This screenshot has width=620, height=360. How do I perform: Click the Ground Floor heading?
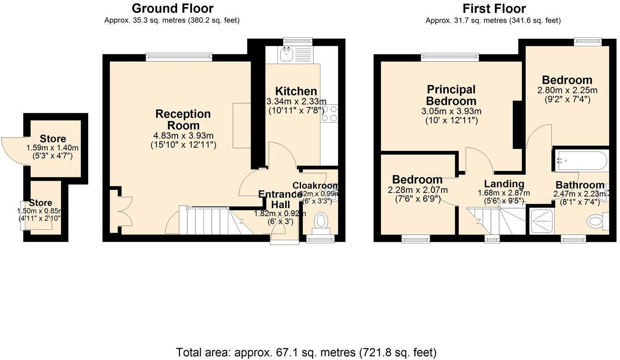(x=173, y=8)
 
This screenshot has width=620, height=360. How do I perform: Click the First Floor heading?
(x=494, y=8)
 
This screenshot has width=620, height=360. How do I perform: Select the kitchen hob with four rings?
(x=329, y=113)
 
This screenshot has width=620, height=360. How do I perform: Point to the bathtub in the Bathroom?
(x=580, y=161)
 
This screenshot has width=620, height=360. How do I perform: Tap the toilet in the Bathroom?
(x=596, y=221)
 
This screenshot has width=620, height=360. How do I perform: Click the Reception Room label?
(x=183, y=120)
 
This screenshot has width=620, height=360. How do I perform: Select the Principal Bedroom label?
(x=451, y=95)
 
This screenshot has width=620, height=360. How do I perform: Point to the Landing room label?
(x=504, y=184)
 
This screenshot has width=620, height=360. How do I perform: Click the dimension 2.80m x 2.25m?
(x=567, y=90)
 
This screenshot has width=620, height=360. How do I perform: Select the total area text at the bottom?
(x=306, y=352)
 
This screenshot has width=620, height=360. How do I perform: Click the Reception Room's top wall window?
(x=179, y=57)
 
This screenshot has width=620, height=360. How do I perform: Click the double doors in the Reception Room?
(x=120, y=211)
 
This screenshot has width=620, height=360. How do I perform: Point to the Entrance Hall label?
(x=280, y=199)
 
